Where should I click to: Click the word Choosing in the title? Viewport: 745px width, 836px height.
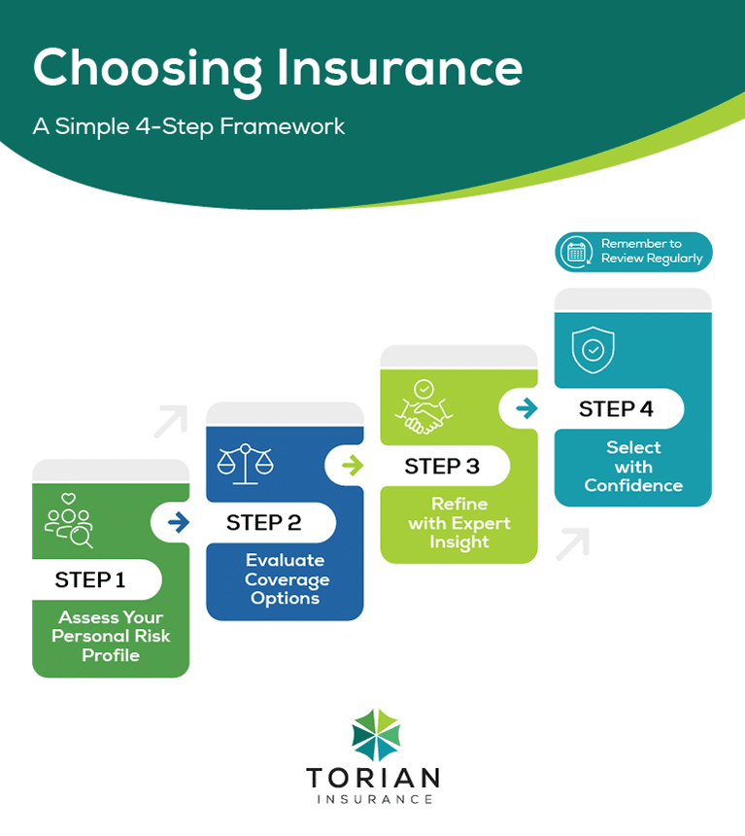click(x=142, y=68)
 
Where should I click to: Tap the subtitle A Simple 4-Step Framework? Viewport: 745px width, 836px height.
click(x=189, y=126)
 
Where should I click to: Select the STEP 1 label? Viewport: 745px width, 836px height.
click(x=90, y=580)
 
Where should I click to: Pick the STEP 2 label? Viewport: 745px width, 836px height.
click(x=263, y=523)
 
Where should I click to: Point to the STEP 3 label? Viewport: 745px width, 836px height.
click(x=442, y=467)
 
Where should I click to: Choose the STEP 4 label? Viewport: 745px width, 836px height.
click(x=616, y=409)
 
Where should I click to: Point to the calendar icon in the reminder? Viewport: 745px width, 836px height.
click(x=577, y=252)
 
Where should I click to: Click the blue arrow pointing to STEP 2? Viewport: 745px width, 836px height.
click(x=179, y=523)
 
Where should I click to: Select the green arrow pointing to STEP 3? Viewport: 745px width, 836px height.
click(x=353, y=466)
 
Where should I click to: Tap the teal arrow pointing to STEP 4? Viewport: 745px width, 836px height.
click(x=526, y=409)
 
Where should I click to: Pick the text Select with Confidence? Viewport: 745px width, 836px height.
click(x=633, y=467)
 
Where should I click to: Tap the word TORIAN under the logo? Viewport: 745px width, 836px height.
click(x=373, y=779)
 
